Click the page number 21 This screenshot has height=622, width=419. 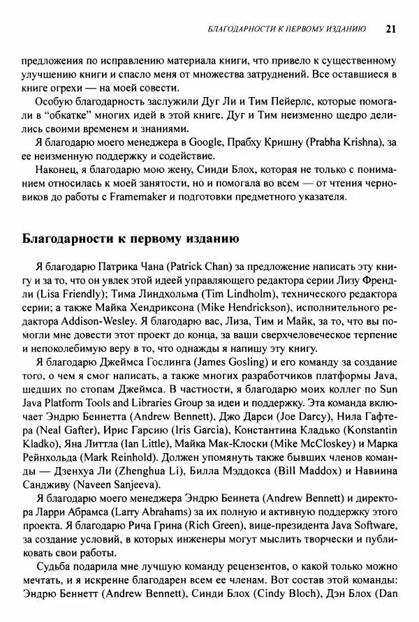point(390,29)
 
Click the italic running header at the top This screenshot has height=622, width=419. point(288,29)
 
